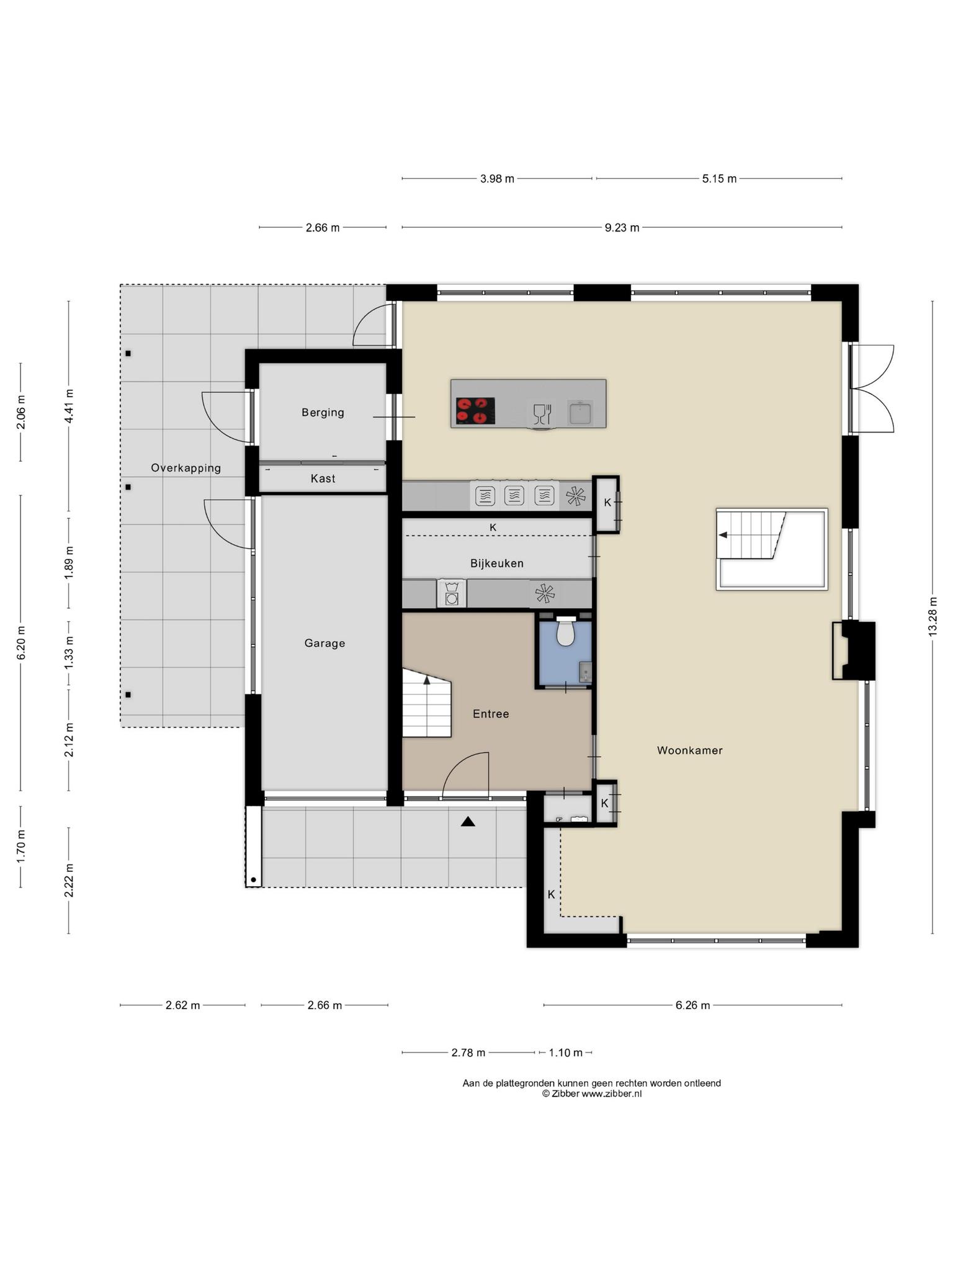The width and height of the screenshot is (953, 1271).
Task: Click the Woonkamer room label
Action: click(689, 750)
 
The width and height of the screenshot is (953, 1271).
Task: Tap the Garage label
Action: click(324, 644)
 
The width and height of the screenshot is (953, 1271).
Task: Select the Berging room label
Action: click(323, 413)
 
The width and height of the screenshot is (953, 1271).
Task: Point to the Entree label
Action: click(491, 714)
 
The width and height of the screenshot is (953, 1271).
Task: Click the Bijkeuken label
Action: click(497, 564)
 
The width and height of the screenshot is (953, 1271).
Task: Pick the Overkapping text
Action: click(186, 468)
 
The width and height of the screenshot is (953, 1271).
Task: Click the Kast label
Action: click(323, 478)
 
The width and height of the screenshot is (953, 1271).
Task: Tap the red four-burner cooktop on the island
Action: click(475, 411)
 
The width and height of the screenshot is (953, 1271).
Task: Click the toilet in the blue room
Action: click(565, 631)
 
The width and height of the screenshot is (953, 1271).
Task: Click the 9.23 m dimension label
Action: click(622, 228)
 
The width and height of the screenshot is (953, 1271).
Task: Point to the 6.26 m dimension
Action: click(692, 1005)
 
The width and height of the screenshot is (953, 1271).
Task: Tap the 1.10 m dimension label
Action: click(565, 1053)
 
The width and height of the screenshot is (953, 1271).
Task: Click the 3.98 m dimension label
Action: click(497, 179)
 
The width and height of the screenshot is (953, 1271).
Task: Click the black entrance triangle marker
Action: click(468, 822)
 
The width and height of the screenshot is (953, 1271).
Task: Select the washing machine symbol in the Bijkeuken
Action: click(452, 594)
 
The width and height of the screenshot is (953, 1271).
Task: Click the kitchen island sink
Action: click(580, 411)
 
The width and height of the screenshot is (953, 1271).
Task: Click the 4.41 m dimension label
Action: click(69, 406)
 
